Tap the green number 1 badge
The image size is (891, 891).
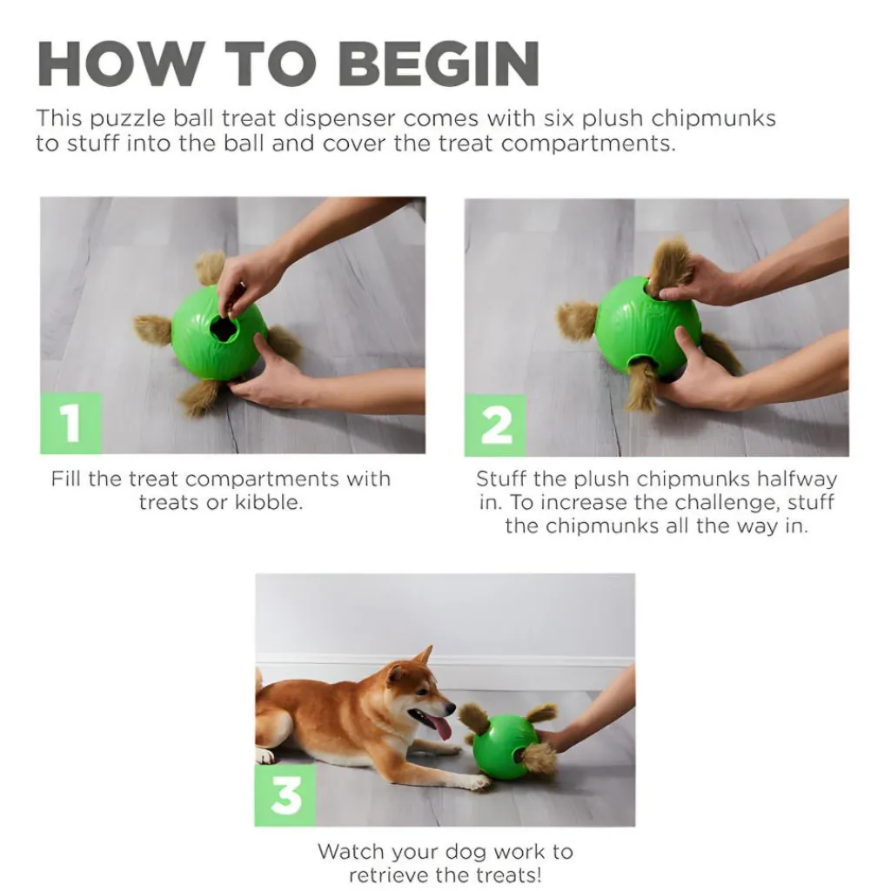click(70, 423)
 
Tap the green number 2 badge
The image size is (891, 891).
click(495, 425)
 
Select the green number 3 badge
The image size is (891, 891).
click(285, 795)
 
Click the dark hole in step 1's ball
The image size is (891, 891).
click(224, 328)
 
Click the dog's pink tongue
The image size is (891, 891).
click(441, 727)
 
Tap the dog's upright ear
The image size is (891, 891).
click(422, 657)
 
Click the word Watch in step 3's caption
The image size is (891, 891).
click(348, 851)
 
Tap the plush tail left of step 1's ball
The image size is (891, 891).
click(152, 330)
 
